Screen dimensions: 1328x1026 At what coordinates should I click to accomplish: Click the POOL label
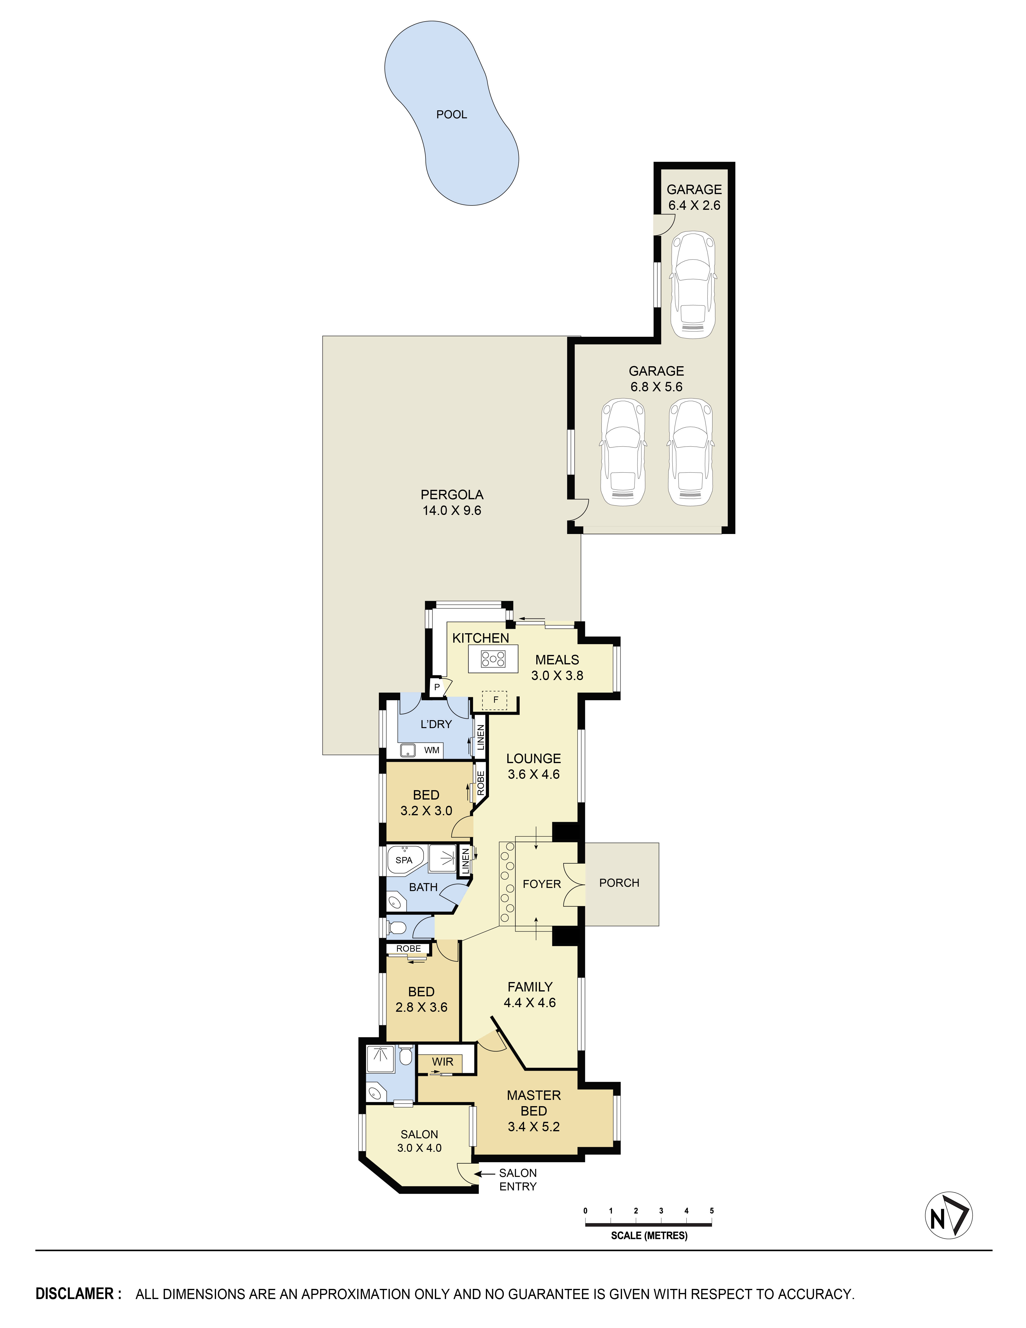452,114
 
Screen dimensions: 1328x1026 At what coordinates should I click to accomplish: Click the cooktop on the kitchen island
493,659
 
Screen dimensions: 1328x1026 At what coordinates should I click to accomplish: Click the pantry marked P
436,687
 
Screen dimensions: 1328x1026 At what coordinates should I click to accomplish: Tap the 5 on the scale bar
711,1211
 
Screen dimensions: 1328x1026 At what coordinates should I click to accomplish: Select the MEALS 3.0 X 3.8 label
557,667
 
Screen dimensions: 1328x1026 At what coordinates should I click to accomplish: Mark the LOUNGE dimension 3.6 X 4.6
534,774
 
